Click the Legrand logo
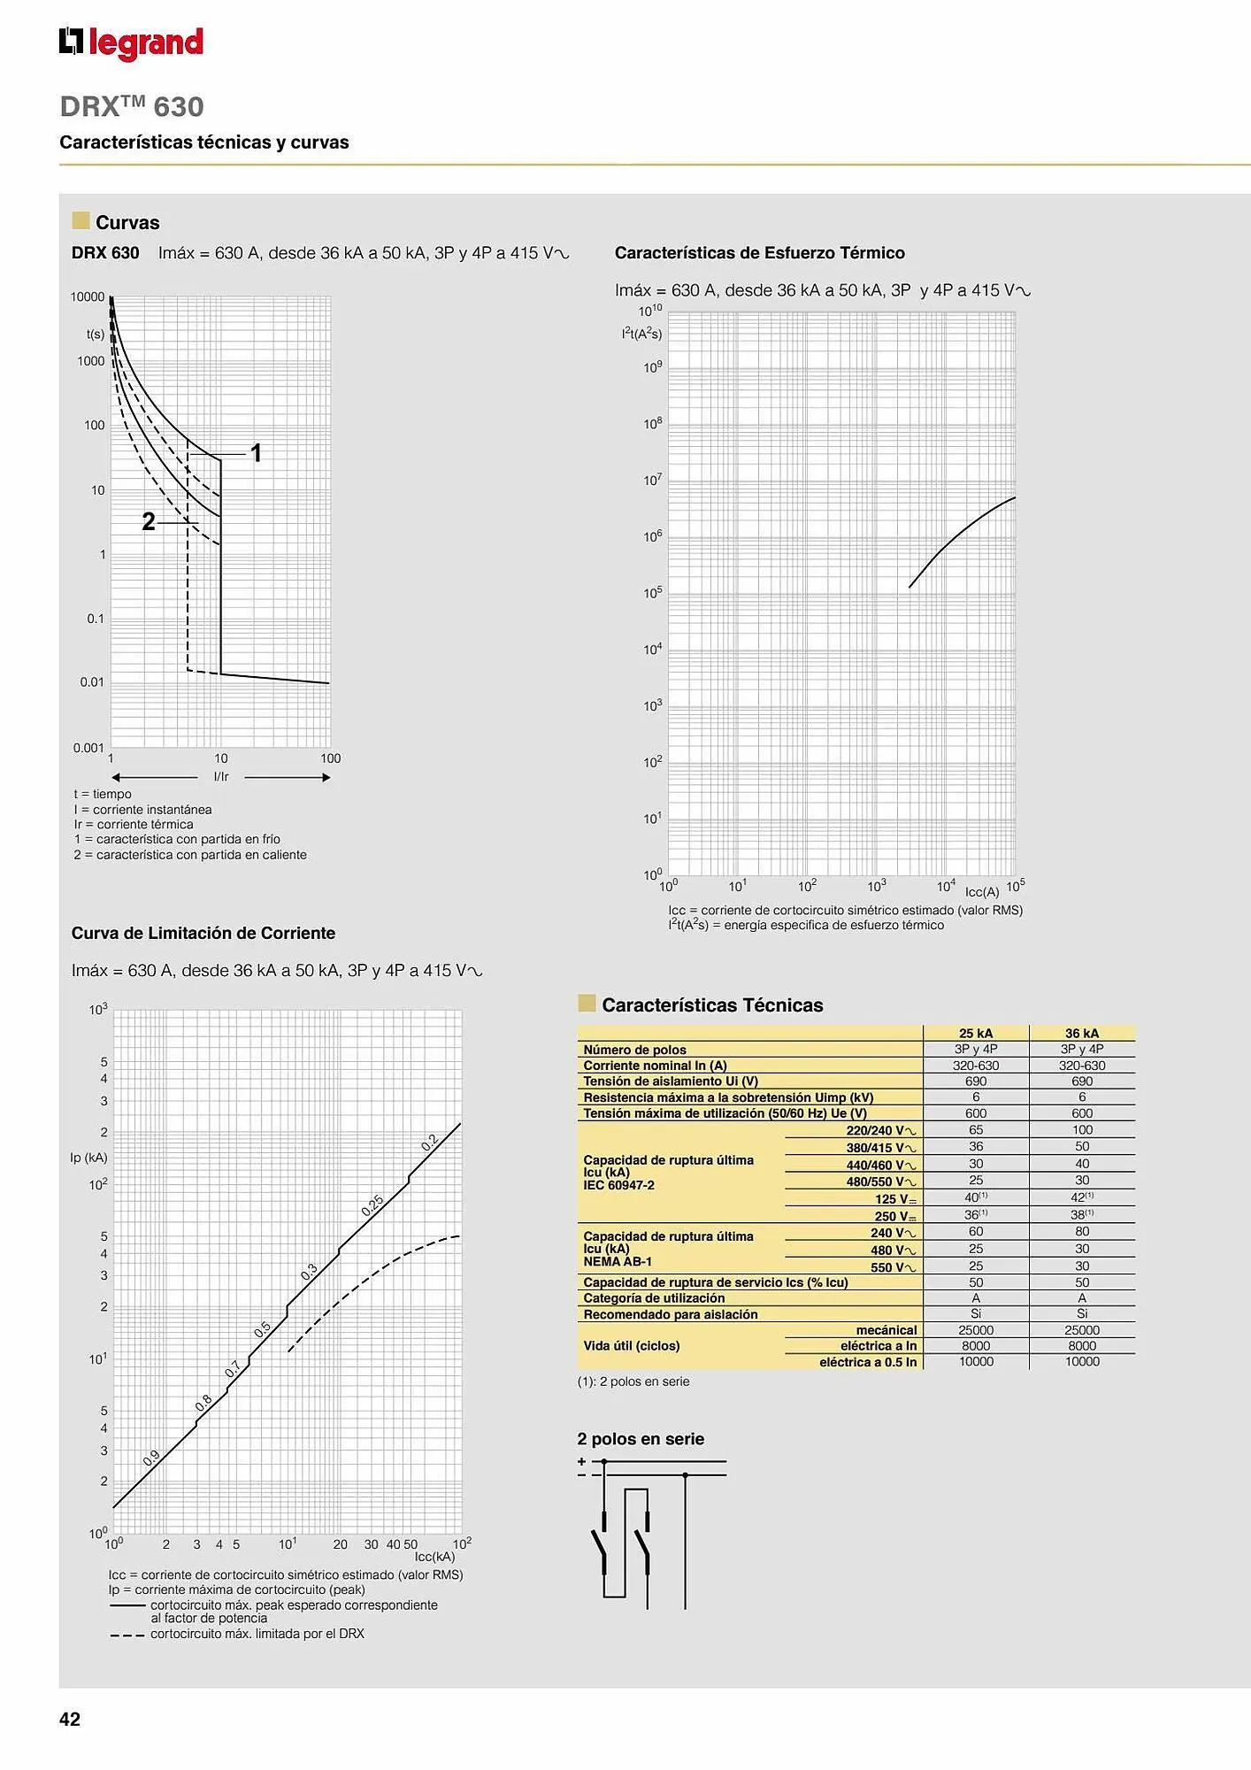point(131,42)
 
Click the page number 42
point(70,1719)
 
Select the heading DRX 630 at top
point(132,106)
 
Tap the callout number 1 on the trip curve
point(256,453)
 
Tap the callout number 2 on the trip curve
point(149,522)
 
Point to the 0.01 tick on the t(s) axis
point(92,682)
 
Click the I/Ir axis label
point(221,777)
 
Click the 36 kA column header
point(1081,1033)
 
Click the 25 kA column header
point(975,1033)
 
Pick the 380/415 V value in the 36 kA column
point(1081,1147)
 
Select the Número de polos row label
point(634,1050)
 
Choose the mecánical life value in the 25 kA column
point(975,1330)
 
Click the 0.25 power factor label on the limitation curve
point(372,1205)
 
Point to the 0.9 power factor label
point(151,1458)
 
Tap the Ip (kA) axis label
point(88,1158)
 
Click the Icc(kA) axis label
point(434,1557)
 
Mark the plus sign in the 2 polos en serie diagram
point(581,1461)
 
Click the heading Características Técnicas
point(712,1005)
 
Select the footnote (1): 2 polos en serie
point(633,1381)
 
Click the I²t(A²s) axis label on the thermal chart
point(641,334)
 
